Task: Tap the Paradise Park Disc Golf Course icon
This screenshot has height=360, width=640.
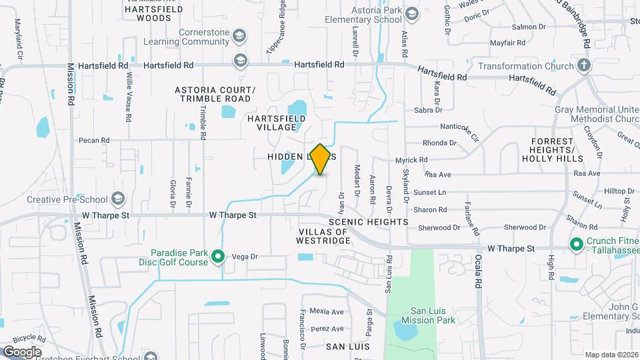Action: point(217,257)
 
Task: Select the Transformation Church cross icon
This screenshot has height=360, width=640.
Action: point(584,65)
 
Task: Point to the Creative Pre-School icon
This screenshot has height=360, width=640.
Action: point(118,199)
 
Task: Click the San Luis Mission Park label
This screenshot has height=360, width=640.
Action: point(433,315)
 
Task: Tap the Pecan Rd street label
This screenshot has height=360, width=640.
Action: point(93,140)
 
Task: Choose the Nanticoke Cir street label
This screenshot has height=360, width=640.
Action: point(459,129)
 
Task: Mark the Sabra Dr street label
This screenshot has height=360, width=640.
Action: point(428,109)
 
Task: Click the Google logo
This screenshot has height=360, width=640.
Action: point(22,351)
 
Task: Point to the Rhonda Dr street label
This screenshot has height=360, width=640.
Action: point(439,143)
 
